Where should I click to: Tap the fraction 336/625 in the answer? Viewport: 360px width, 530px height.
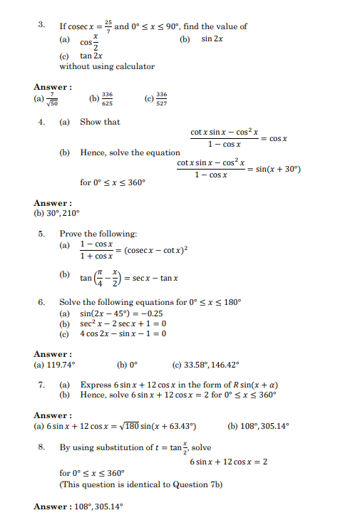(x=108, y=99)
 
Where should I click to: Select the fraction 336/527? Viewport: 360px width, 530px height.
(x=161, y=99)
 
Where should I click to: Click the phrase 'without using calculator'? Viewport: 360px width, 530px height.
(x=107, y=67)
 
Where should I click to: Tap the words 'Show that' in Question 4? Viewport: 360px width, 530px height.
(x=100, y=122)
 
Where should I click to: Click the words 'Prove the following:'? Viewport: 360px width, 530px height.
(x=98, y=234)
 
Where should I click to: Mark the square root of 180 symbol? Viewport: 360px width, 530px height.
(x=133, y=426)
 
